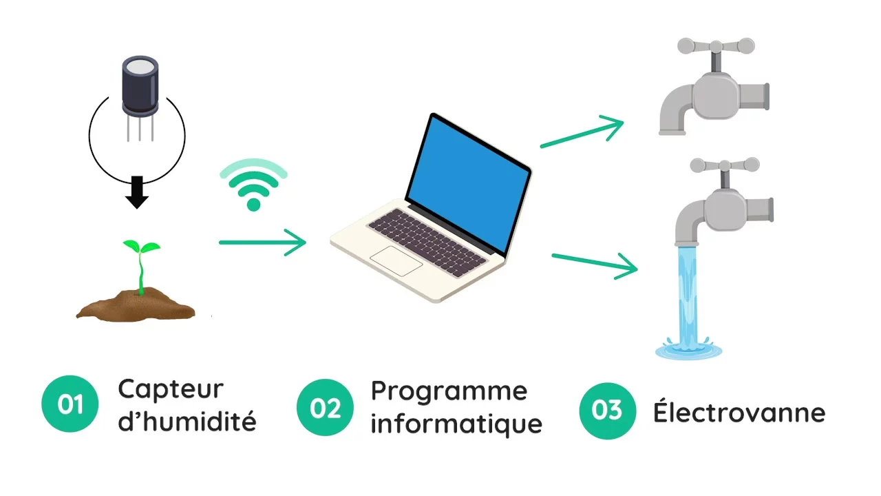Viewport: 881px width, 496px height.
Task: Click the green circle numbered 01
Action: tap(70, 404)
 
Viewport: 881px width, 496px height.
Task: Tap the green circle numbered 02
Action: tap(325, 407)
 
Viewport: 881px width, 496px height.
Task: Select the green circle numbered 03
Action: tap(607, 411)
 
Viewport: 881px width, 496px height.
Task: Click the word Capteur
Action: tap(171, 390)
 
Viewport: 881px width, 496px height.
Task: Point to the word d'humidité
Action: tap(187, 420)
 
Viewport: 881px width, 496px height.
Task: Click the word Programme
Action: tap(449, 393)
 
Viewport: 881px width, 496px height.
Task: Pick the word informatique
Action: tap(456, 423)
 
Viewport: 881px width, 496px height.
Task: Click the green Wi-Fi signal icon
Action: tap(254, 185)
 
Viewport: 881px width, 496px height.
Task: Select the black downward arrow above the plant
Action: tap(137, 192)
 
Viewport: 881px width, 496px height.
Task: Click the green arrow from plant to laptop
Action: tap(262, 242)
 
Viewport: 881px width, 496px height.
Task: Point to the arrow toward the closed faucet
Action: tap(582, 132)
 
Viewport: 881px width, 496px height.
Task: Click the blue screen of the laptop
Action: tap(468, 184)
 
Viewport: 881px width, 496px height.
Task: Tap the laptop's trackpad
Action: tap(396, 261)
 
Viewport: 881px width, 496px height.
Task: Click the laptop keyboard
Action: tap(427, 242)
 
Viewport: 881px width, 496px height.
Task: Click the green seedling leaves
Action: tap(142, 247)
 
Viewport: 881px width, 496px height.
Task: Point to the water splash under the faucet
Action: tap(688, 349)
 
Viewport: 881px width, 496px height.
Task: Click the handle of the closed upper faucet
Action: tap(717, 46)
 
